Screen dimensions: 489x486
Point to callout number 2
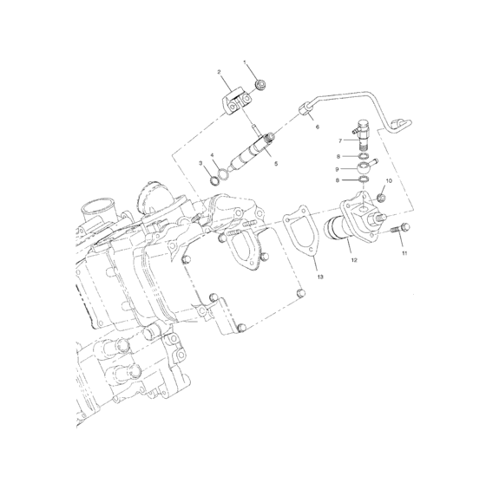(x=219, y=72)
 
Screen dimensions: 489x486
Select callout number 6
(x=317, y=127)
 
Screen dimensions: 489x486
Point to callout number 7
(x=341, y=140)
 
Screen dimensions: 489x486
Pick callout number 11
(x=404, y=254)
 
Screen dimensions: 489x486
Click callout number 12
(x=352, y=258)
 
